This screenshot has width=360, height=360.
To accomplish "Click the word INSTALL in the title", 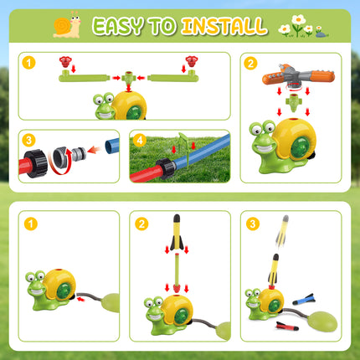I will [224, 27].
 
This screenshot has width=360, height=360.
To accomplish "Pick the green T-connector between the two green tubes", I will [126, 80].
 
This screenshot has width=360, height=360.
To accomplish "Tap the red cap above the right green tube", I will [191, 62].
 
